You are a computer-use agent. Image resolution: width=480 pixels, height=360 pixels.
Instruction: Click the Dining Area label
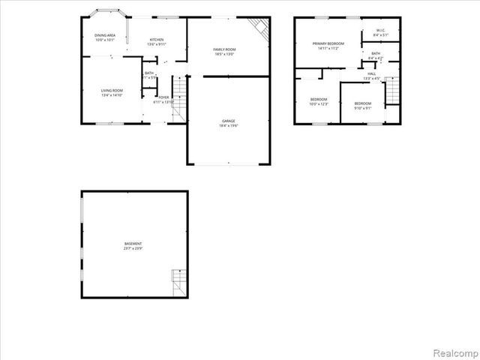point(105,35)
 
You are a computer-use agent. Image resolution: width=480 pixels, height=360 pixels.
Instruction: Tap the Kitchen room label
point(157,40)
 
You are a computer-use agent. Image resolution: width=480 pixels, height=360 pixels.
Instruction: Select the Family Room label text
point(225,49)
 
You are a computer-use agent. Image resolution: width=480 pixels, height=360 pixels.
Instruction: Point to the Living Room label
point(112,91)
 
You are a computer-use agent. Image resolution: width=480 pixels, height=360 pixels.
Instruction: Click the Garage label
point(228,121)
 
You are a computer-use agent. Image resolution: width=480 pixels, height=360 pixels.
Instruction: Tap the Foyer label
point(163,97)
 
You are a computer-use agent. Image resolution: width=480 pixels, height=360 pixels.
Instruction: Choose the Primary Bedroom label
point(328,44)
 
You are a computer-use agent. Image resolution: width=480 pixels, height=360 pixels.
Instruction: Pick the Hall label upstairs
point(371,74)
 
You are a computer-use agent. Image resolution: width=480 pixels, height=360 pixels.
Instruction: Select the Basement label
point(133,244)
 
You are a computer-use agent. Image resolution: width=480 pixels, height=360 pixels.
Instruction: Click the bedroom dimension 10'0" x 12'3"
point(319,103)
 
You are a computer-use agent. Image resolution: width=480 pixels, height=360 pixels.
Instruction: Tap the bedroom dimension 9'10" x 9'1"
point(362,107)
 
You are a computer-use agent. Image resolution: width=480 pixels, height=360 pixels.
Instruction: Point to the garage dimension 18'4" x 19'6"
point(228,125)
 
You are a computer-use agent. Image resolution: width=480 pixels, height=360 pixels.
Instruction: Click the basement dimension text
point(133,248)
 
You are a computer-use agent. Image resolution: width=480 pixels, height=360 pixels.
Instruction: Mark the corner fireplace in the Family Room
point(259,28)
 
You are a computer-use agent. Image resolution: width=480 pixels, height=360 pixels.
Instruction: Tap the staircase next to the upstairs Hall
point(390,94)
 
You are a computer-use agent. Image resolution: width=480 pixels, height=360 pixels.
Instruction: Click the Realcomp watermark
point(453,351)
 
